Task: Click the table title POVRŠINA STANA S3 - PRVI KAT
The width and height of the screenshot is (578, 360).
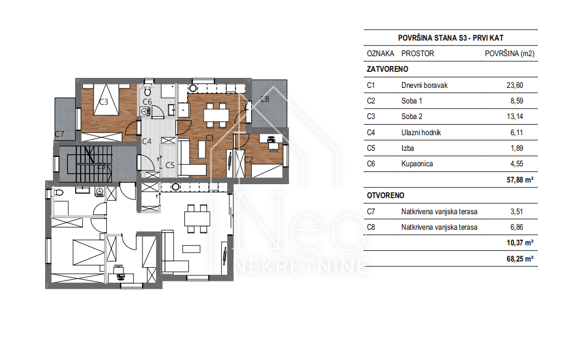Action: coord(450,38)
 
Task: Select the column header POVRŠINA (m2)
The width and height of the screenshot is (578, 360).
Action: coord(510,53)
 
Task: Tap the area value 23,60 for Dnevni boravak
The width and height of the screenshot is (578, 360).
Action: coord(515,85)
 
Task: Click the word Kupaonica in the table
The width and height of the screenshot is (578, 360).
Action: coord(417,164)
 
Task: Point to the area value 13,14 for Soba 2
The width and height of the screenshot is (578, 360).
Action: coord(515,116)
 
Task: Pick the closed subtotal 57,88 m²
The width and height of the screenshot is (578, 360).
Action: coord(520,180)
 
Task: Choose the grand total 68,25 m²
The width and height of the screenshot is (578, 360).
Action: coord(520,259)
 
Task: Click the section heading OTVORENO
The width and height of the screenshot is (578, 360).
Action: coord(385,195)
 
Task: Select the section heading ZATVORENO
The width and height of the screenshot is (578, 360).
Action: coord(388,69)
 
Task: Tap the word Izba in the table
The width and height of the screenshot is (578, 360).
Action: coord(408,148)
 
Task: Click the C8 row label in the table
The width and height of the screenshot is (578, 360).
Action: coord(371,228)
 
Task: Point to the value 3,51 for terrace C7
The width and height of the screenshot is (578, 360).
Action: coord(516,211)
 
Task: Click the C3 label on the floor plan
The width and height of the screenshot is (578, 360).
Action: coord(104,102)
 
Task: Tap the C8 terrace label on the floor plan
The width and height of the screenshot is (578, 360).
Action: coord(264,99)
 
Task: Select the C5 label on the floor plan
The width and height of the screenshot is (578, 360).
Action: coord(170,165)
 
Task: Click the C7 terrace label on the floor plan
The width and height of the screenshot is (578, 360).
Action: coord(60,134)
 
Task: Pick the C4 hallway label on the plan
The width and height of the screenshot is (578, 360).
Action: coord(146,141)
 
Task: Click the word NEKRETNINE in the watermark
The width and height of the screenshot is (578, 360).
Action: coord(301,267)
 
